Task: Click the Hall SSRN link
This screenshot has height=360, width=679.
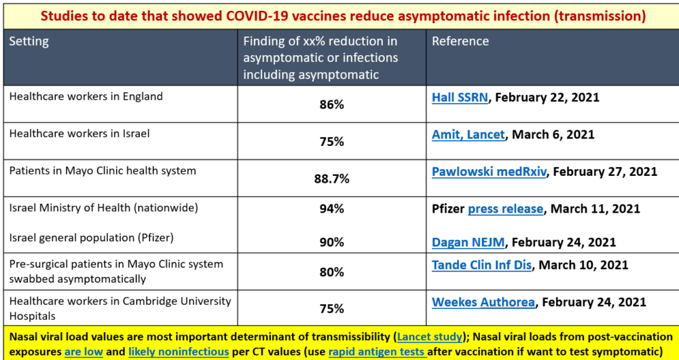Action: [x=460, y=97]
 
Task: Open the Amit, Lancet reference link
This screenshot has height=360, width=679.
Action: [x=468, y=134]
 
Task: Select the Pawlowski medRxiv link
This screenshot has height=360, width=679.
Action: [x=490, y=171]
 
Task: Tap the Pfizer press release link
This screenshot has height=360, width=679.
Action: [x=505, y=209]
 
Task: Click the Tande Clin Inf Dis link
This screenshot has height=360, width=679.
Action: [x=481, y=265]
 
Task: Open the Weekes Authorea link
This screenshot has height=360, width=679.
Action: [x=483, y=302]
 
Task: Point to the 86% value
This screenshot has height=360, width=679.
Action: [x=331, y=105]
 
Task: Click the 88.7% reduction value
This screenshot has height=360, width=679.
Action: [x=331, y=179]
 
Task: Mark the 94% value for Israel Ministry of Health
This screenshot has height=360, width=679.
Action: [x=331, y=209]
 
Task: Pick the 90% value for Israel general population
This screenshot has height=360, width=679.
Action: [x=331, y=242]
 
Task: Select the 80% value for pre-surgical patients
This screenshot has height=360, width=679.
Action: [x=331, y=272]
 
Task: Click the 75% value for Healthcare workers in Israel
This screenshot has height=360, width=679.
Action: [x=331, y=141]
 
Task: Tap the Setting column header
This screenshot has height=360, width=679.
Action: [x=29, y=41]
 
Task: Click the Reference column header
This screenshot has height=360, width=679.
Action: [x=460, y=41]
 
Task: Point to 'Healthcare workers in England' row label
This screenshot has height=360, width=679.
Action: [x=86, y=96]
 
